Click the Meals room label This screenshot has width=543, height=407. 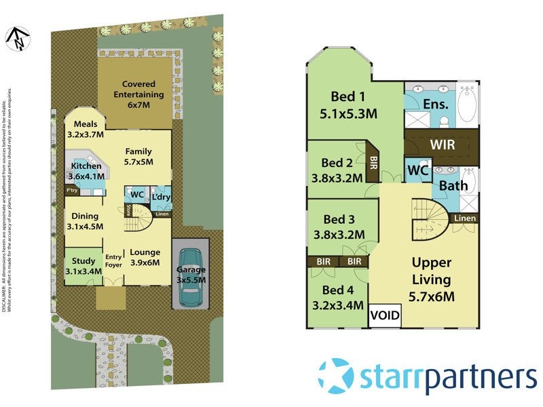(86, 129)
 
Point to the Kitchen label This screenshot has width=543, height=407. (86, 171)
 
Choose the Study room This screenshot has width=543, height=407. (83, 266)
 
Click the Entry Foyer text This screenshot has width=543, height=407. (113, 261)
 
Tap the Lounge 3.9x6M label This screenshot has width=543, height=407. (145, 257)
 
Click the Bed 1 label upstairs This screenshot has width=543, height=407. (348, 104)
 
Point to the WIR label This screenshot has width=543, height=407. (442, 145)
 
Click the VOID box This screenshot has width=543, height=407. (385, 316)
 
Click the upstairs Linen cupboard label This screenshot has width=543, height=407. (464, 218)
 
